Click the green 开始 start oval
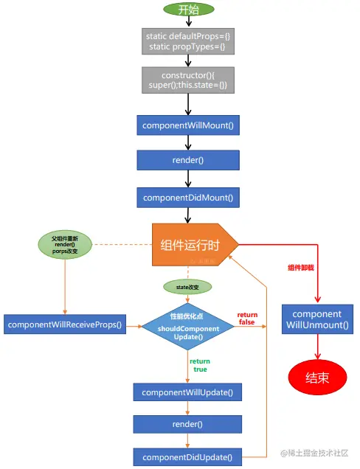pyautogui.click(x=188, y=9)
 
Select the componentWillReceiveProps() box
pyautogui.click(x=63, y=323)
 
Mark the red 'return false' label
pyautogui.click(x=247, y=319)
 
